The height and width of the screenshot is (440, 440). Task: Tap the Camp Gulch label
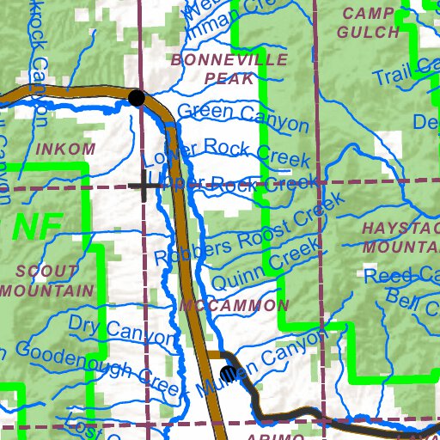370,23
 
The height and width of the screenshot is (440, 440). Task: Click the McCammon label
235,306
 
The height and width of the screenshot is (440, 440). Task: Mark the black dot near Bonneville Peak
136,98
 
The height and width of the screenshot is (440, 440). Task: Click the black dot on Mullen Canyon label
228,373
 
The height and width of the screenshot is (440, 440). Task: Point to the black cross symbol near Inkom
144,185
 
